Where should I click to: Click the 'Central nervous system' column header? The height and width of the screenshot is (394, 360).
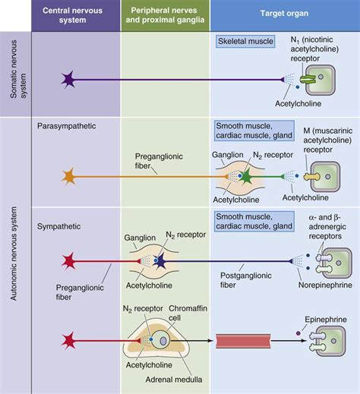pyautogui.click(x=74, y=16)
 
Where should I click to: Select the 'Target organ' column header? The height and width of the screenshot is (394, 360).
pyautogui.click(x=283, y=16)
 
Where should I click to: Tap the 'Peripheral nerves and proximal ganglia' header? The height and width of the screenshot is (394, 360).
pyautogui.click(x=164, y=16)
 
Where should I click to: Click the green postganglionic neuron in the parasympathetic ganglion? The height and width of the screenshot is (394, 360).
pyautogui.click(x=247, y=177)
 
